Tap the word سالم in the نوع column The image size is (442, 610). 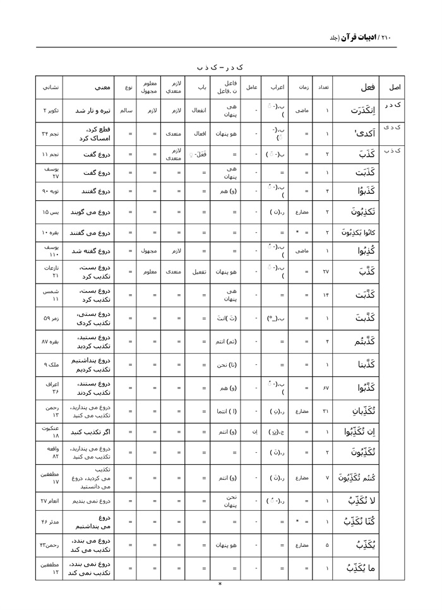(126, 111)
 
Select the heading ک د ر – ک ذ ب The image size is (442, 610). (220, 66)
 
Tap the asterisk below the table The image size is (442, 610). (220, 584)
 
